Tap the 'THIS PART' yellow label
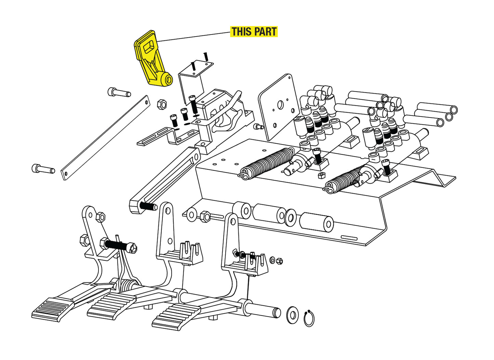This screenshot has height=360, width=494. tap(254, 32)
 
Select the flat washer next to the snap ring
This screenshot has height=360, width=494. tap(292, 315)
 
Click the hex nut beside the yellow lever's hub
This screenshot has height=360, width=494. tap(162, 104)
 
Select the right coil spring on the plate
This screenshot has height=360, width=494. tap(344, 179)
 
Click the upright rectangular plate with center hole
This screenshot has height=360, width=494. tap(278, 107)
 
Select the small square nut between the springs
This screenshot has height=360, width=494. tap(321, 176)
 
